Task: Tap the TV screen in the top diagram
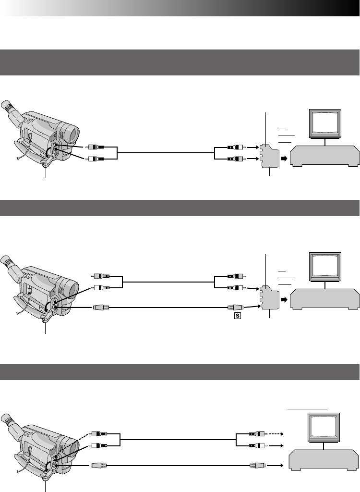click(325, 123)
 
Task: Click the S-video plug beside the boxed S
click(235, 307)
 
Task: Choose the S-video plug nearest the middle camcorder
click(102, 307)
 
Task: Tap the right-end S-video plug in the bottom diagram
click(256, 465)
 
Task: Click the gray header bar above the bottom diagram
click(180, 371)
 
